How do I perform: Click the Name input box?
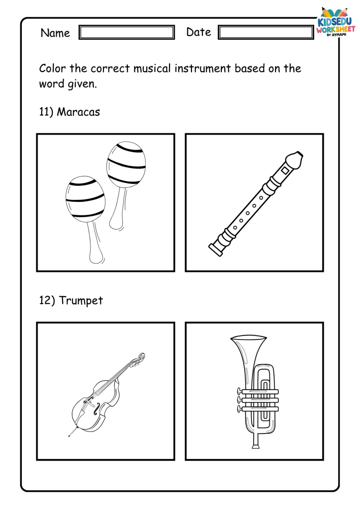[127, 32]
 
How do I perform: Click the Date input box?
[266, 32]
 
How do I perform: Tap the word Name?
[55, 33]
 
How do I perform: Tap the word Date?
[199, 32]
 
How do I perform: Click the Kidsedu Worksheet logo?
[335, 22]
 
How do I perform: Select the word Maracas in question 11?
[78, 112]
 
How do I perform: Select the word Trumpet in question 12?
[81, 301]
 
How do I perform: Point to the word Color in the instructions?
[53, 69]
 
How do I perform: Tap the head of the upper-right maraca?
[126, 164]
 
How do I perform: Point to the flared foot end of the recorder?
[215, 250]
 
